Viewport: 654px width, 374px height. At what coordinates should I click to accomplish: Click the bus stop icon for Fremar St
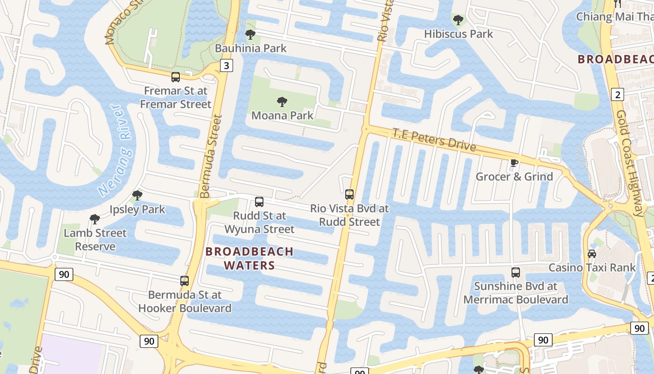coord(176,77)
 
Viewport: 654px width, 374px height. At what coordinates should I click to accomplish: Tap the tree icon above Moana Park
coord(282,101)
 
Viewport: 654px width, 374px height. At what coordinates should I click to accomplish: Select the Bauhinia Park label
coord(250,48)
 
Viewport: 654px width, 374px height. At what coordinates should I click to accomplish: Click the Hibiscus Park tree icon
coord(458,20)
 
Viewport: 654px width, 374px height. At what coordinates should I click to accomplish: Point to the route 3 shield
coord(226,65)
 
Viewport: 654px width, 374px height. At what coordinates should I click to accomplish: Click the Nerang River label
coord(115,151)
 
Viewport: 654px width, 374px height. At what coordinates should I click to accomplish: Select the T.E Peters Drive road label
coord(434,140)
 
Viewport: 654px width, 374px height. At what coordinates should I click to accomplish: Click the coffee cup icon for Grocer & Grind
coord(514,163)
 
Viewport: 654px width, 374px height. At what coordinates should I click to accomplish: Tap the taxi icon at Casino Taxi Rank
coord(591,254)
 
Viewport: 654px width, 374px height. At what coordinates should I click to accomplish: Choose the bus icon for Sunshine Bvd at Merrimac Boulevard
coord(516,272)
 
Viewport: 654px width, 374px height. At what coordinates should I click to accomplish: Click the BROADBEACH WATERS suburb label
coord(249,259)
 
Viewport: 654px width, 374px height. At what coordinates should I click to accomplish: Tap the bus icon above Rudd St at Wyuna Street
coord(259,202)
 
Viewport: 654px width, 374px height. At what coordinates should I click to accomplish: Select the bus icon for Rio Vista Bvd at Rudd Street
coord(349,194)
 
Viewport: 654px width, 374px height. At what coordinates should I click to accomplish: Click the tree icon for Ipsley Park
coord(137,195)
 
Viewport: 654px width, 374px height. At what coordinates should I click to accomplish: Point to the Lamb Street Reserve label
coord(95,239)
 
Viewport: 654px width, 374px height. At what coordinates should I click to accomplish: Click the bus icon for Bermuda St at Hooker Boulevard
coord(185,281)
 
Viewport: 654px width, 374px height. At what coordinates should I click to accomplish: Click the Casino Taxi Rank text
coord(591,267)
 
